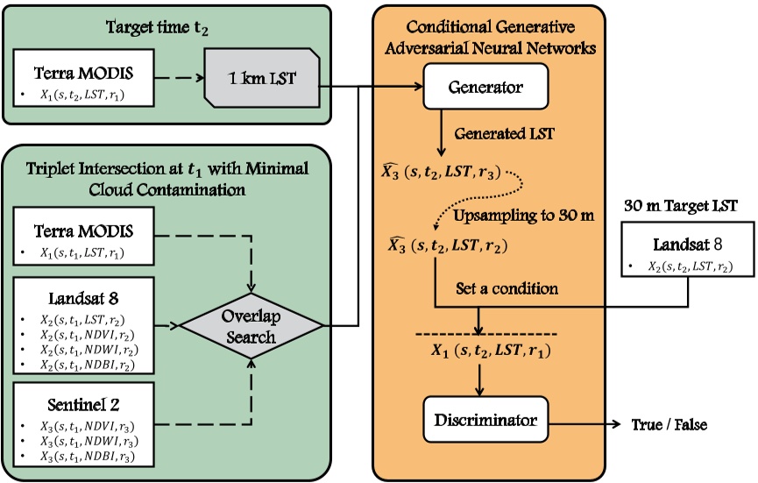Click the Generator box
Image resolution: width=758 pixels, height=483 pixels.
pyautogui.click(x=485, y=89)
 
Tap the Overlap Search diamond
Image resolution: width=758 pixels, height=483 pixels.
pyautogui.click(x=251, y=327)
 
